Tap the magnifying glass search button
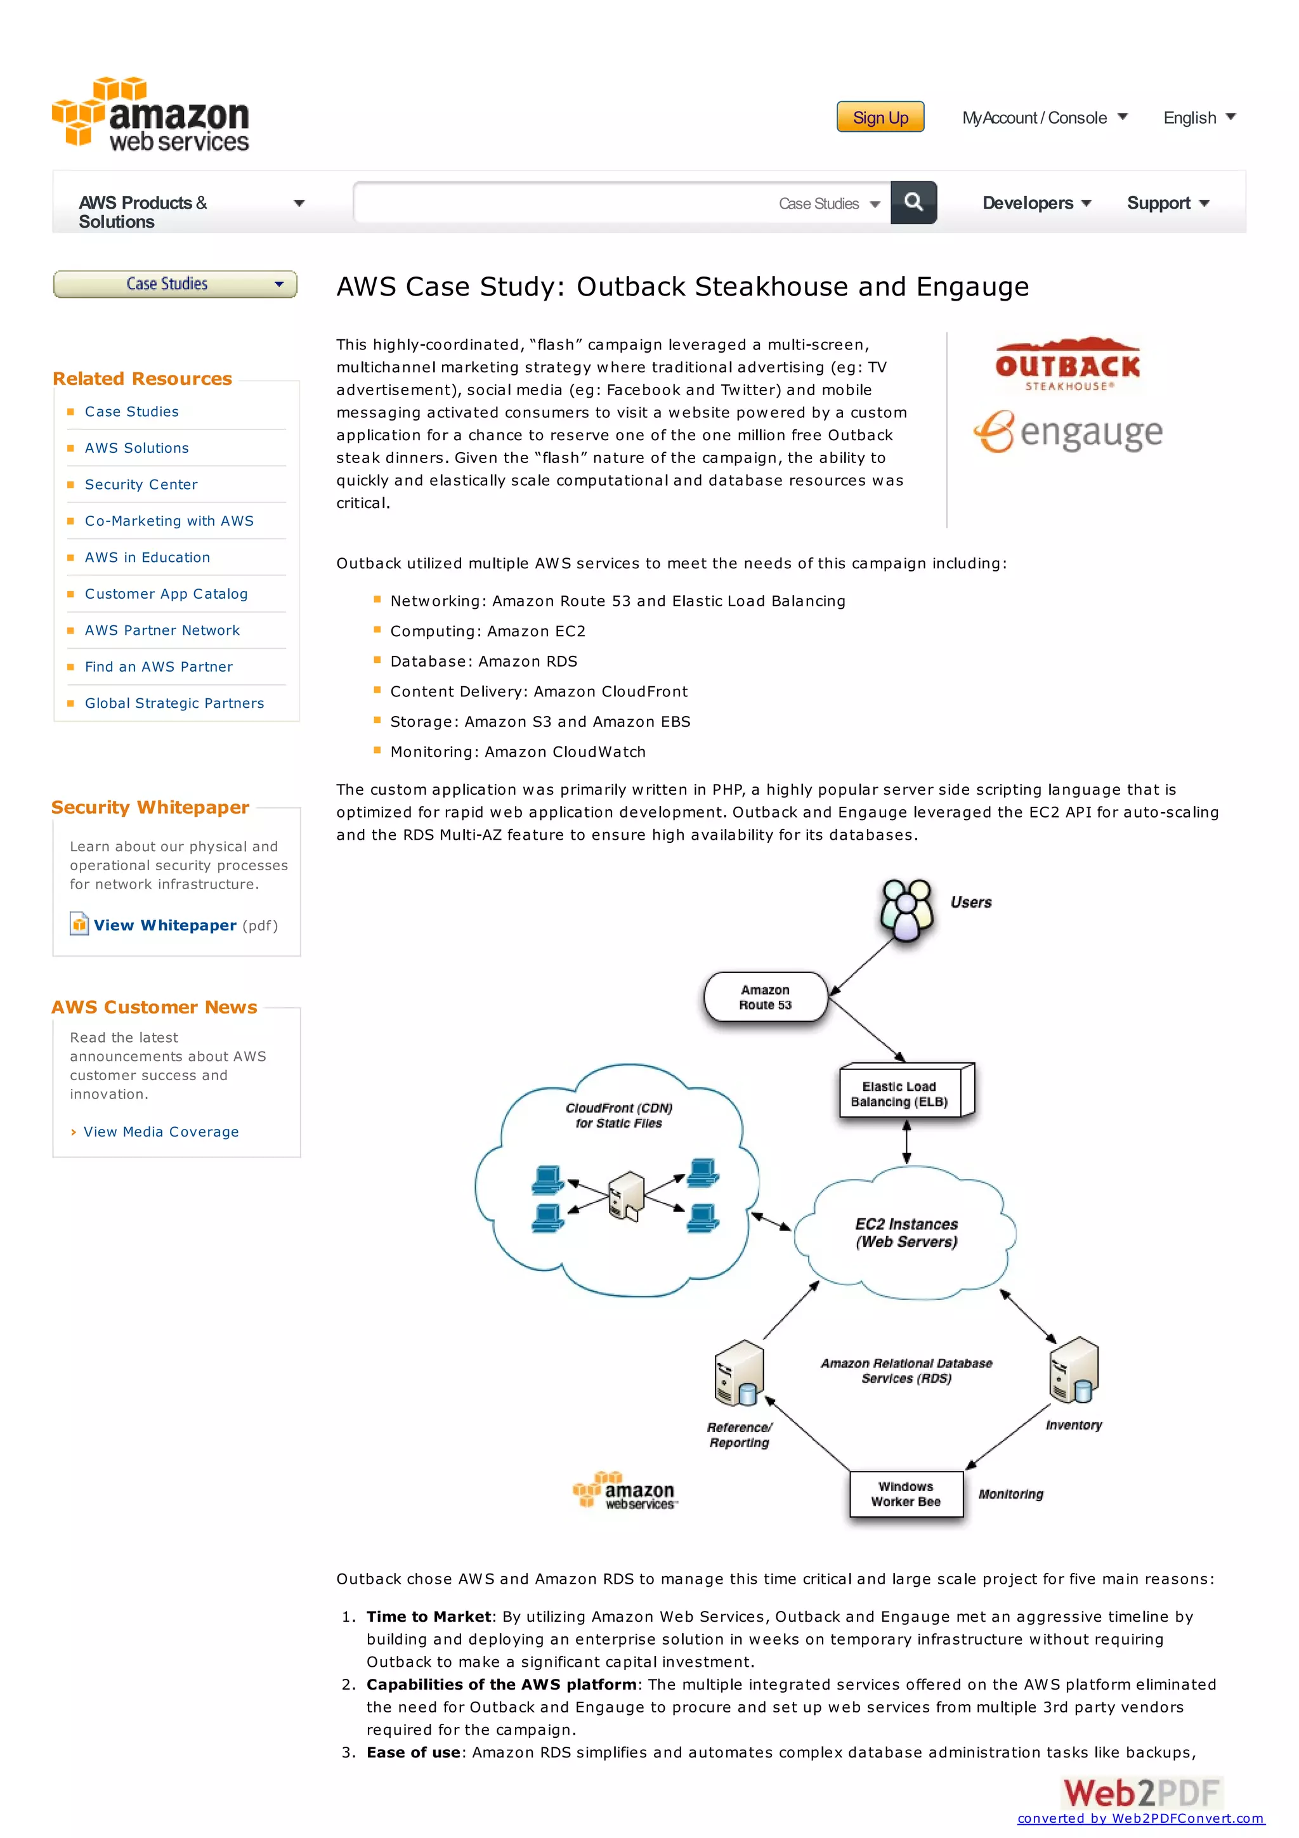click(x=913, y=202)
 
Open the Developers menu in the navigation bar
click(x=1036, y=204)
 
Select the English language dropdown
click(x=1198, y=118)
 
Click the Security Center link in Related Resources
click(x=141, y=485)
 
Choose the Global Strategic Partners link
click(x=174, y=703)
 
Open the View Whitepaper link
click(x=165, y=925)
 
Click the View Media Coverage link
click(x=161, y=1132)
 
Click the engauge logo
click(x=1067, y=433)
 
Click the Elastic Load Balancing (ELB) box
click(x=904, y=1093)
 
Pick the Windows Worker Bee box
click(x=906, y=1494)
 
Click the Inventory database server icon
click(x=1074, y=1371)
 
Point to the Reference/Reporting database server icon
click(x=739, y=1374)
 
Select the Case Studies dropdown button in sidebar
click(x=174, y=284)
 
